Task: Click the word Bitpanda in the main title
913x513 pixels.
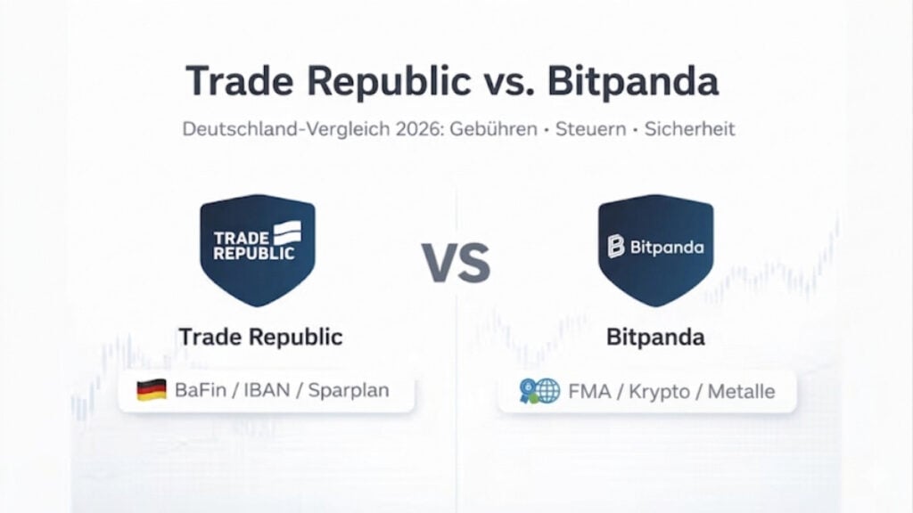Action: (633, 81)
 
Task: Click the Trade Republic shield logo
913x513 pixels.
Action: (257, 249)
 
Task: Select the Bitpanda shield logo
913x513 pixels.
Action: (655, 249)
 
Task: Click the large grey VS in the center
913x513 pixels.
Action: (456, 263)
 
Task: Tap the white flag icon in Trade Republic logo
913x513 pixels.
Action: (287, 233)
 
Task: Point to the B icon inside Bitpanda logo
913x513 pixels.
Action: (616, 247)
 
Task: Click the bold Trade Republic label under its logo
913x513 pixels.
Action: (260, 337)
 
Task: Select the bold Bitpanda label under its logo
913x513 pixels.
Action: (655, 338)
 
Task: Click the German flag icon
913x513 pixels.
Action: (152, 390)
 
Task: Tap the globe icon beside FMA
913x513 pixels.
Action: (547, 391)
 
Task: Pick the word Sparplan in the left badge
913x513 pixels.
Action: (349, 391)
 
